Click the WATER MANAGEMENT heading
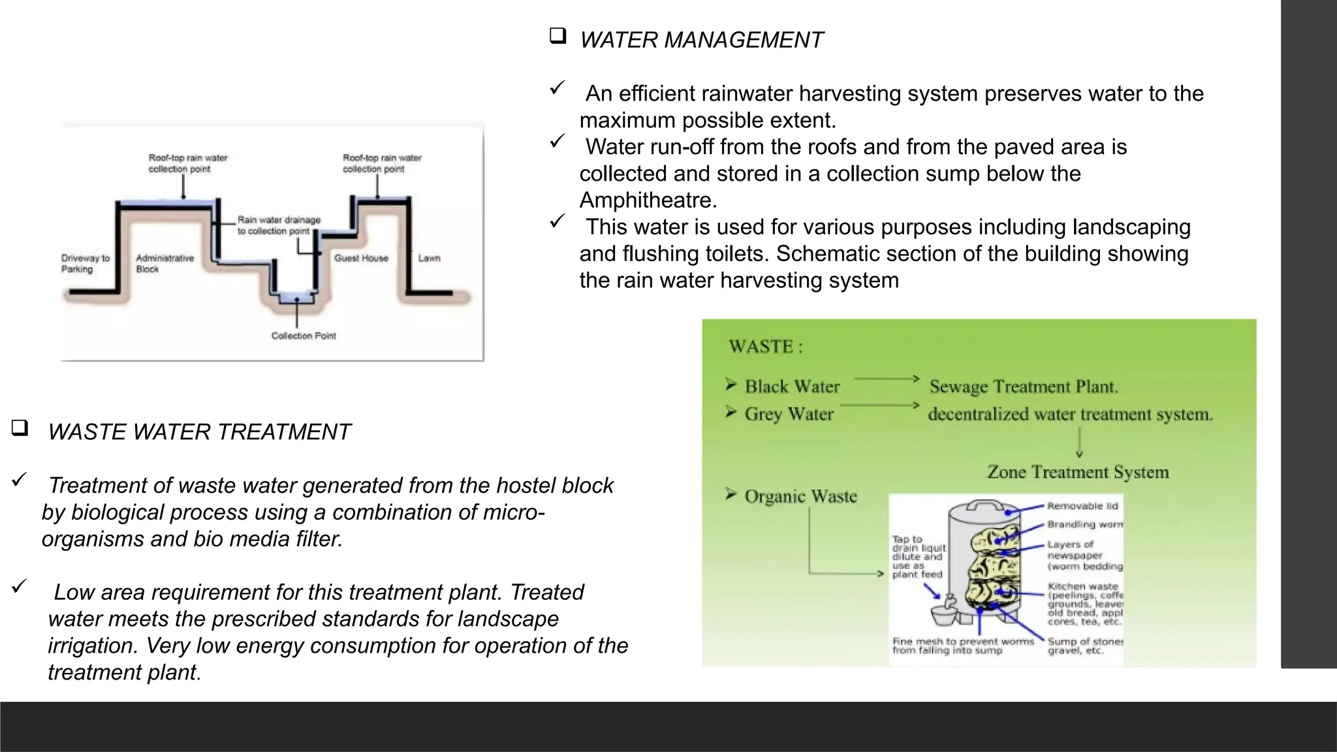(x=701, y=40)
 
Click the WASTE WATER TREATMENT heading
(x=199, y=432)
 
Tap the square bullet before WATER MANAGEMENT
(x=558, y=36)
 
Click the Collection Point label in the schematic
(x=304, y=336)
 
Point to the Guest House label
(x=361, y=258)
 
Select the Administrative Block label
(x=165, y=264)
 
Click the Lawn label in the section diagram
(x=429, y=258)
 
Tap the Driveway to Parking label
(x=86, y=264)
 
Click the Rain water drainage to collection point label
(x=279, y=225)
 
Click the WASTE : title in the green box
(x=765, y=347)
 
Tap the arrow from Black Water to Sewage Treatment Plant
(x=886, y=379)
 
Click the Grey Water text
(x=789, y=415)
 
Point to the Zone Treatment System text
(x=1077, y=472)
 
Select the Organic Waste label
(x=800, y=497)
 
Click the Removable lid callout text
(x=1082, y=506)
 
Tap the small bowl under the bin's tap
(x=943, y=614)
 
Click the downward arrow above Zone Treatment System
(x=1079, y=443)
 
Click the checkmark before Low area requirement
(x=19, y=586)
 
